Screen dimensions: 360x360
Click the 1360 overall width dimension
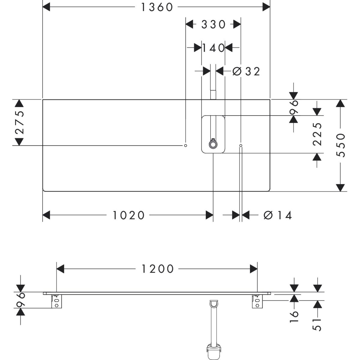(157, 7)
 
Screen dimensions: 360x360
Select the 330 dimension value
(213, 25)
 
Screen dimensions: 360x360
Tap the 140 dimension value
(213, 47)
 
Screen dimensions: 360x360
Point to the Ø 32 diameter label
(246, 71)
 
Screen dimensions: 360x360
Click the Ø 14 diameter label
(277, 215)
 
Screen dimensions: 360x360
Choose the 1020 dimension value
(129, 215)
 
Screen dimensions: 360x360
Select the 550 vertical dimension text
(341, 145)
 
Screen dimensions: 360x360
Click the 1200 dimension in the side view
(157, 269)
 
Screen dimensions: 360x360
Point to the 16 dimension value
(294, 313)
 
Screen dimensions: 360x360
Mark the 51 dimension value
(318, 324)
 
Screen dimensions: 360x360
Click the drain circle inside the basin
(213, 145)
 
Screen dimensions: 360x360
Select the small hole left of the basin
(186, 145)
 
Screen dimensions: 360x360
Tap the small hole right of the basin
(241, 145)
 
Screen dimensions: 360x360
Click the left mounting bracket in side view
(56, 301)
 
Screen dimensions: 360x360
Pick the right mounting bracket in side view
(257, 301)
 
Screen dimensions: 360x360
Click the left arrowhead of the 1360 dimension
(46, 7)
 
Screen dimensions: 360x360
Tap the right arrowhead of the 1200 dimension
(253, 269)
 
